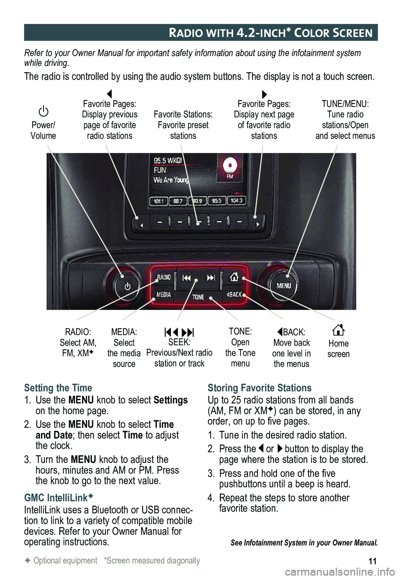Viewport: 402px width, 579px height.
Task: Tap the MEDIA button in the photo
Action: pos(163,295)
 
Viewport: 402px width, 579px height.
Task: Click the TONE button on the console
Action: pos(198,297)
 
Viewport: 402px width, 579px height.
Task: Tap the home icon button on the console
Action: pos(234,277)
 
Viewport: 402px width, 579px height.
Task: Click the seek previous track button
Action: pos(187,278)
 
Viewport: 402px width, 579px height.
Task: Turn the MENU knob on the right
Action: pos(283,286)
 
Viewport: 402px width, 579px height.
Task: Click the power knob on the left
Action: pos(127,286)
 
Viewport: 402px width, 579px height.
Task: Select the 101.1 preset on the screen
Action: pos(159,201)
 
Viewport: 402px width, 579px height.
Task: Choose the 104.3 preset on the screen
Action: pos(236,201)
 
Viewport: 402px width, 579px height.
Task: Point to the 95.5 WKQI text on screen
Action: pos(168,161)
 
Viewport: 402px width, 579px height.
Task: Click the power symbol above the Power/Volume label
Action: pos(44,111)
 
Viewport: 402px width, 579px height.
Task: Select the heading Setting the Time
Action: pos(58,388)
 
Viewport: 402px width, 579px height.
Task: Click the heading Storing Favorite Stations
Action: pos(260,388)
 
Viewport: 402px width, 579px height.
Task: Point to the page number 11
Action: pos(372,561)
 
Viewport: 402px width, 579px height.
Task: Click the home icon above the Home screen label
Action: pos(338,330)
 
